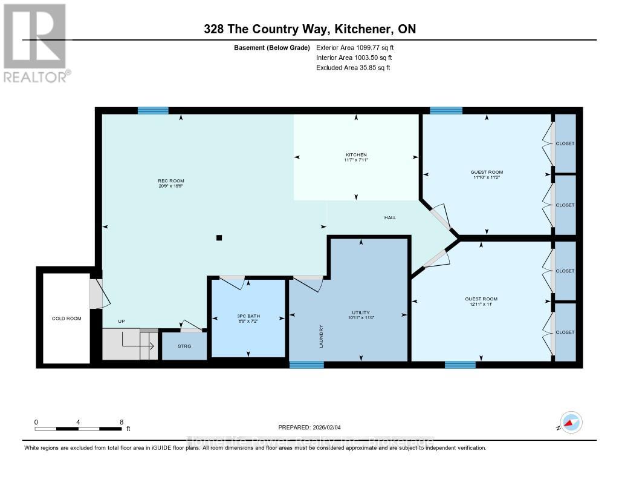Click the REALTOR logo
coord(35,42)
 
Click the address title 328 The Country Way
coord(309,29)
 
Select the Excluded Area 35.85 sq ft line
coord(353,68)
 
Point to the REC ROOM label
coord(171,183)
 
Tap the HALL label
coord(390,217)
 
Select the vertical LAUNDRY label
coord(322,337)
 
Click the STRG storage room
coord(184,346)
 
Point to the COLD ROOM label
coord(66,318)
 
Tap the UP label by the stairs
coord(122,322)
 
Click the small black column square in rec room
coord(219,238)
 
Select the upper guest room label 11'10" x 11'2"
coord(486,175)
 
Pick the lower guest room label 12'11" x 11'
coord(481,302)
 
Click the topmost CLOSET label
coord(565,144)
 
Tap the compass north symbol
coord(570,423)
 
